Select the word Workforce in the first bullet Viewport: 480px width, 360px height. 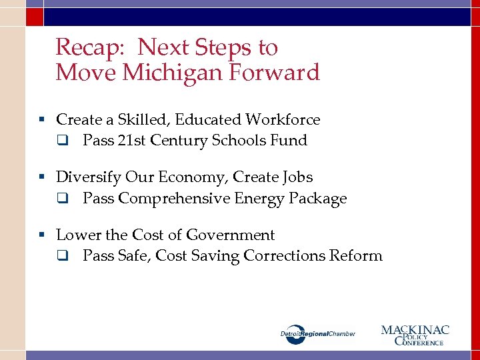[283, 120]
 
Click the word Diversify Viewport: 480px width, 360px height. [87, 177]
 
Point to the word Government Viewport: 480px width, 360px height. [230, 235]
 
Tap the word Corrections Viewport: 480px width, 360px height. [285, 256]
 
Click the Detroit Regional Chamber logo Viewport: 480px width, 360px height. [318, 333]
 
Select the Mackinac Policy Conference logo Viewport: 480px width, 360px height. [415, 335]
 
